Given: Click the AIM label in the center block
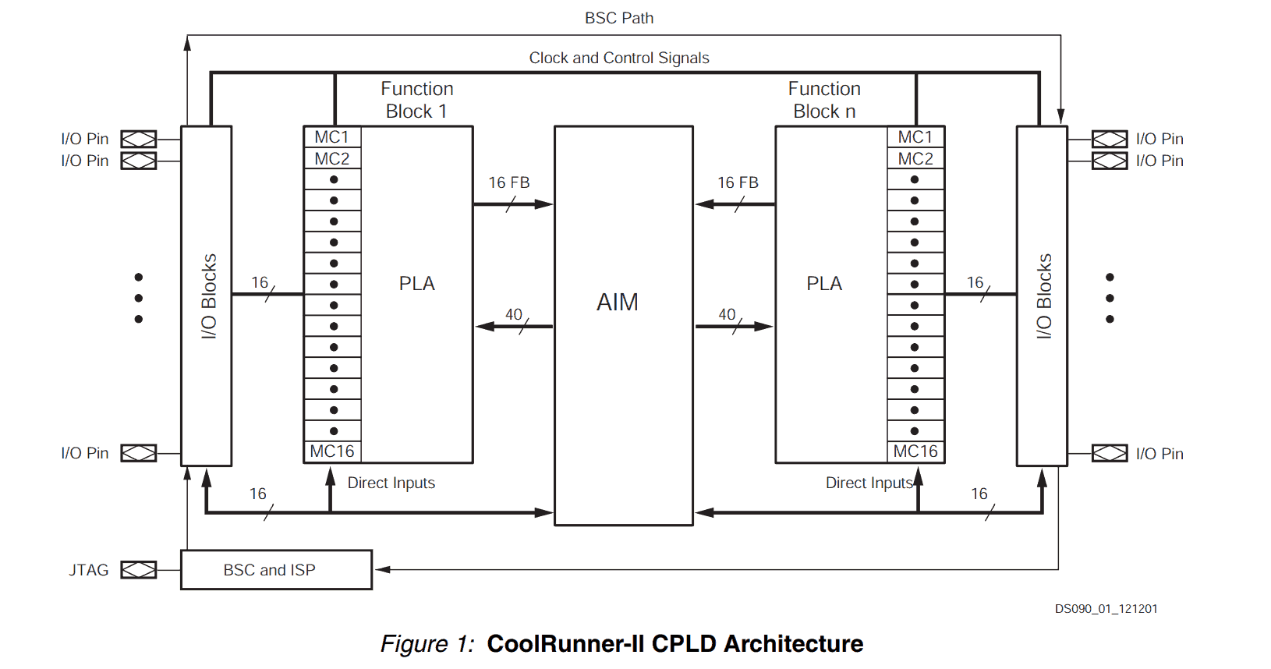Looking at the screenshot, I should pyautogui.click(x=618, y=303).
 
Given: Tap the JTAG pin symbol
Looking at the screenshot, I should pyautogui.click(x=139, y=570).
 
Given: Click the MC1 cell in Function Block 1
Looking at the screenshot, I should pyautogui.click(x=332, y=137).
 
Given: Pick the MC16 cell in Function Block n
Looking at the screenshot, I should pyautogui.click(x=915, y=451).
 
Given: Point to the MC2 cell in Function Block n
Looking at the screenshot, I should pyautogui.click(x=915, y=159).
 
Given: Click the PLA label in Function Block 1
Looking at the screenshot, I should pyautogui.click(x=417, y=284).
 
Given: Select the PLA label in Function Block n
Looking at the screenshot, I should pyautogui.click(x=824, y=284).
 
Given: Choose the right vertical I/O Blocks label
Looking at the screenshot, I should pyautogui.click(x=1044, y=296).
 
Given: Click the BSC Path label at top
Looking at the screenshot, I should pyautogui.click(x=619, y=18).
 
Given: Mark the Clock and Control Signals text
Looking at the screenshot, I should pyautogui.click(x=619, y=58).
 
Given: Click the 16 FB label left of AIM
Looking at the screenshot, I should pyautogui.click(x=509, y=182).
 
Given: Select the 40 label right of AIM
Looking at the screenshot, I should pyautogui.click(x=727, y=314).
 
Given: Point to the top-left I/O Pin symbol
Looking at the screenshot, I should pyautogui.click(x=139, y=139).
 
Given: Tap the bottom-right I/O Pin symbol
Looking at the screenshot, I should pyautogui.click(x=1110, y=453).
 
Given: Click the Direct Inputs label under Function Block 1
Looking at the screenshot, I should pyautogui.click(x=391, y=483).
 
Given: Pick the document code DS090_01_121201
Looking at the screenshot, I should pyautogui.click(x=1106, y=609).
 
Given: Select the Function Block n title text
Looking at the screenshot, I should pyautogui.click(x=824, y=100).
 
